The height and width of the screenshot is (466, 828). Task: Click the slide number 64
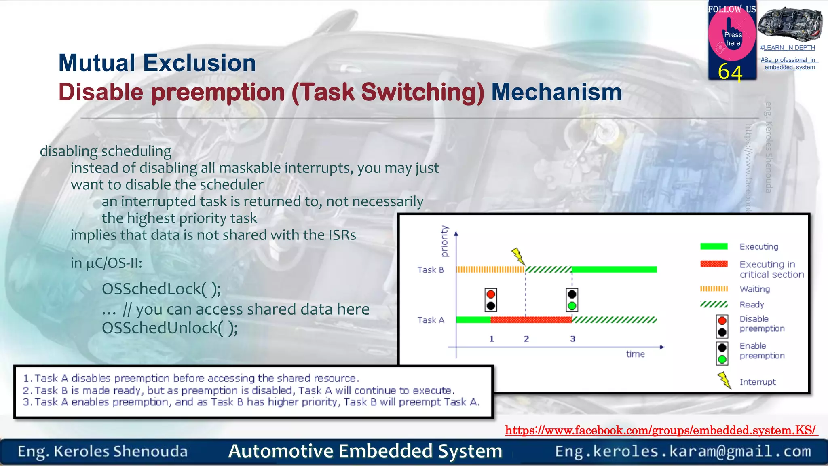coord(730,73)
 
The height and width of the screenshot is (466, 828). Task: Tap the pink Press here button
coord(732,38)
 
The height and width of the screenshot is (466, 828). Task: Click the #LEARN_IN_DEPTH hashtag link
coord(788,48)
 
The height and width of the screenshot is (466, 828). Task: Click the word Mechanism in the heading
coord(556,92)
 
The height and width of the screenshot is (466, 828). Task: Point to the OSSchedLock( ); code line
coord(161,289)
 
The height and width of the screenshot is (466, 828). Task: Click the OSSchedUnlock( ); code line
coord(169,328)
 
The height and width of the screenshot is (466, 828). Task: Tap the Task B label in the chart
coord(431,270)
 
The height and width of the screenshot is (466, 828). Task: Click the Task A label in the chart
coord(431,320)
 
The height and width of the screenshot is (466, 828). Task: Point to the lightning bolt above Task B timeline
coord(518,256)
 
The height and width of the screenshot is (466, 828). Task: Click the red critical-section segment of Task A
coord(531,320)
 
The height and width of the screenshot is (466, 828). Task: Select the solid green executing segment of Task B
coord(614,269)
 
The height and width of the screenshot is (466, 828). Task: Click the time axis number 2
coord(526,339)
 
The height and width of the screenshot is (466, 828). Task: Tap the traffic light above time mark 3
coord(572,300)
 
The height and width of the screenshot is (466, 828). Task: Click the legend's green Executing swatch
coord(714,246)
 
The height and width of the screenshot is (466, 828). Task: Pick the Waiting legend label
coord(754,289)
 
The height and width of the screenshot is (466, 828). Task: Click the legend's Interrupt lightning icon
coord(724,380)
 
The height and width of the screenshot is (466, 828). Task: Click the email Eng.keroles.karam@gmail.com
coord(683,451)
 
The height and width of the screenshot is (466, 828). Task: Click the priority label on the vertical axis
coord(444,241)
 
